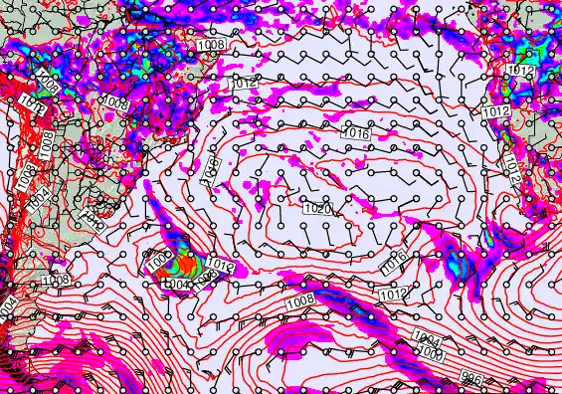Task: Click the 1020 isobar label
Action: (316, 210)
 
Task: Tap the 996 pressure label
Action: (473, 376)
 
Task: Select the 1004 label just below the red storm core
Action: (177, 285)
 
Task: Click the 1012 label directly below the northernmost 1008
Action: (245, 84)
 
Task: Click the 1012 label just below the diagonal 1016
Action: (394, 295)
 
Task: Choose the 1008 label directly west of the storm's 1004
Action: (55, 282)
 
